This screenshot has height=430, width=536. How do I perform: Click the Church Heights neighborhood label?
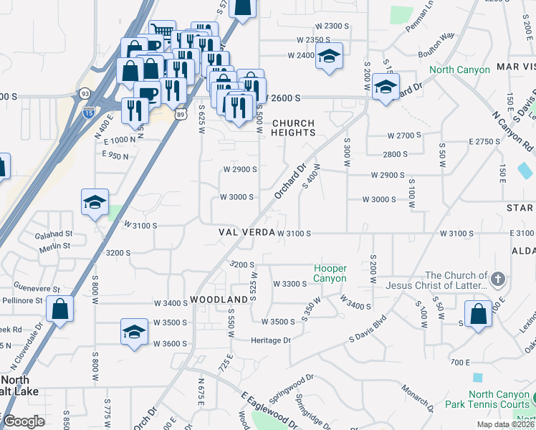(x=293, y=128)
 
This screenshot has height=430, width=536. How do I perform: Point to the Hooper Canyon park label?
(x=330, y=274)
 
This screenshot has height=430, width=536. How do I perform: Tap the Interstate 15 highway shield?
(x=89, y=113)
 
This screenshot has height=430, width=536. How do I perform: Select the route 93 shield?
(x=85, y=94)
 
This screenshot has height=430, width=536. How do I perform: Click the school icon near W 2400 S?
(x=329, y=57)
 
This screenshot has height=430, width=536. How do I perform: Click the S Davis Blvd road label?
(x=368, y=328)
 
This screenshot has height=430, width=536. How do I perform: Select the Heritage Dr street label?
(x=271, y=340)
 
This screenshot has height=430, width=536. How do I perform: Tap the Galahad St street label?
(x=54, y=234)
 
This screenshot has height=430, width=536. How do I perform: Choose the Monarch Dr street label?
(x=416, y=398)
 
